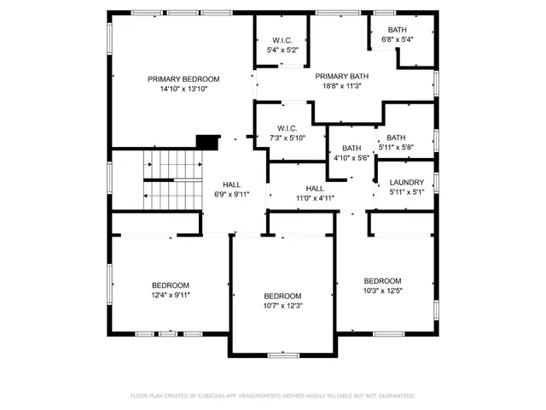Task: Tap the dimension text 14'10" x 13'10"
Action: point(183,89)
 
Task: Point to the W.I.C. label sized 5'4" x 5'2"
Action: point(283,40)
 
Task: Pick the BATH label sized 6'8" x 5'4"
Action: point(397,29)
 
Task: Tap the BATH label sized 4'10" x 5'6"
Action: point(351,148)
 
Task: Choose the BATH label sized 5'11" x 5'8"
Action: point(396,138)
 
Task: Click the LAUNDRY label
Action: point(406,182)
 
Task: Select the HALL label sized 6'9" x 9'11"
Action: point(231,184)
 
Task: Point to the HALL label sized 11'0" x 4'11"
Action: point(315,188)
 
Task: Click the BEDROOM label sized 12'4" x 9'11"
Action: point(171,284)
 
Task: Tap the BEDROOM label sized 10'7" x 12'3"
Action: point(282,296)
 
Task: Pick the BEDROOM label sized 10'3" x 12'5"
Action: point(382,281)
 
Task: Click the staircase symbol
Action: point(171,180)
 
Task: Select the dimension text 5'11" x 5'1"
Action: point(406,192)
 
